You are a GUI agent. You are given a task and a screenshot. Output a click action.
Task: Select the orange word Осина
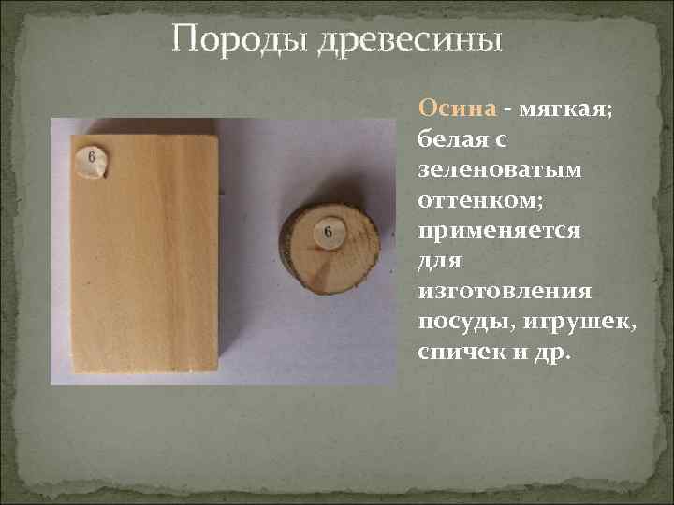tap(456, 108)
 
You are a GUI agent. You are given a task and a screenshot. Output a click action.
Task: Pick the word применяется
tap(500, 229)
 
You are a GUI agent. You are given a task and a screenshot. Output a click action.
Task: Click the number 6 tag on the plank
tap(92, 161)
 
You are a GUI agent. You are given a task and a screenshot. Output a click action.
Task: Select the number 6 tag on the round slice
tap(329, 231)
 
